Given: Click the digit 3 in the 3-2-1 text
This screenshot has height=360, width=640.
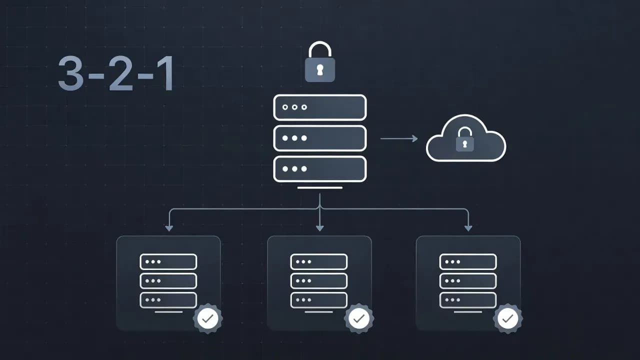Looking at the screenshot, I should pyautogui.click(x=70, y=73).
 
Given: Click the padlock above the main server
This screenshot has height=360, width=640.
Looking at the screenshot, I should pyautogui.click(x=320, y=62).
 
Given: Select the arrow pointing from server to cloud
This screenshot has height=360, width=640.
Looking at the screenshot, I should pyautogui.click(x=399, y=138).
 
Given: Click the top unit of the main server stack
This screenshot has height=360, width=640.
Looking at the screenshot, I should pyautogui.click(x=319, y=107).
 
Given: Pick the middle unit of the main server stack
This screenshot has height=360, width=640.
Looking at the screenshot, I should pyautogui.click(x=319, y=138).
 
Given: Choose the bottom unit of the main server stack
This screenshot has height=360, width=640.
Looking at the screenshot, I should pyautogui.click(x=319, y=169).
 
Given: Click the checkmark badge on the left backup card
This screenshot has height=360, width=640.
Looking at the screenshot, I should pyautogui.click(x=207, y=318).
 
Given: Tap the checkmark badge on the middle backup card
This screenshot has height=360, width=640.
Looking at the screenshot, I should pyautogui.click(x=358, y=318).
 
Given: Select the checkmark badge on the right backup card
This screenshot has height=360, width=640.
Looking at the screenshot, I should pyautogui.click(x=508, y=318).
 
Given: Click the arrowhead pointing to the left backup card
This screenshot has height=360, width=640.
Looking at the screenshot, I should pyautogui.click(x=169, y=228).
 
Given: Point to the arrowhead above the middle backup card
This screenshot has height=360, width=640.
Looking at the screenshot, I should pyautogui.click(x=319, y=228).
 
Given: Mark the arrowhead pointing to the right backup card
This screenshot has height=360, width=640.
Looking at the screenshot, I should pyautogui.click(x=468, y=228).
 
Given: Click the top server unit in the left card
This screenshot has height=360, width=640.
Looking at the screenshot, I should pyautogui.click(x=168, y=261).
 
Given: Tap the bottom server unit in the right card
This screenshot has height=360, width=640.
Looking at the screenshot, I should pyautogui.click(x=467, y=300).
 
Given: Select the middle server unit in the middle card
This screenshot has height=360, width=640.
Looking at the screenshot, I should pyautogui.click(x=318, y=280).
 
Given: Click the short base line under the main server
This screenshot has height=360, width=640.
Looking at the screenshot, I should pyautogui.click(x=319, y=188).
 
